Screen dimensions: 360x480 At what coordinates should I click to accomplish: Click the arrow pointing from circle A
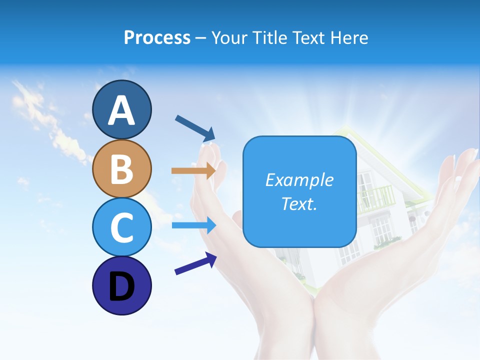click(x=195, y=127)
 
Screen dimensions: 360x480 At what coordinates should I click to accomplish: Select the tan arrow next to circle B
click(x=193, y=170)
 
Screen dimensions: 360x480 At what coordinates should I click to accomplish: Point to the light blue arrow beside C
click(x=193, y=225)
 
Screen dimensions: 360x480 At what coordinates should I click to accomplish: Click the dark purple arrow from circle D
click(x=195, y=263)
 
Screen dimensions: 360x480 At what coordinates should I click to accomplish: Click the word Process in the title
click(x=157, y=37)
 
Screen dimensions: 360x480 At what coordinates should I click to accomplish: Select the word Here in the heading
click(x=350, y=37)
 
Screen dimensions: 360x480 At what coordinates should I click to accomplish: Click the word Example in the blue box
click(x=299, y=180)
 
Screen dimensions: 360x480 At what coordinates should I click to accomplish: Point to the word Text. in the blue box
click(x=299, y=204)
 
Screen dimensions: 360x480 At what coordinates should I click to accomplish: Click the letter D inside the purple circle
click(x=121, y=287)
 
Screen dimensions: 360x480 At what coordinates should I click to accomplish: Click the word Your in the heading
click(x=229, y=37)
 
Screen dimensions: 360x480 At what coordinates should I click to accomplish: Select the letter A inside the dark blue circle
click(x=121, y=110)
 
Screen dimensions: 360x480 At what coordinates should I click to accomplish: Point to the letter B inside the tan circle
click(x=121, y=169)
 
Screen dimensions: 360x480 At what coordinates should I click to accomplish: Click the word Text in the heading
click(x=309, y=37)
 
